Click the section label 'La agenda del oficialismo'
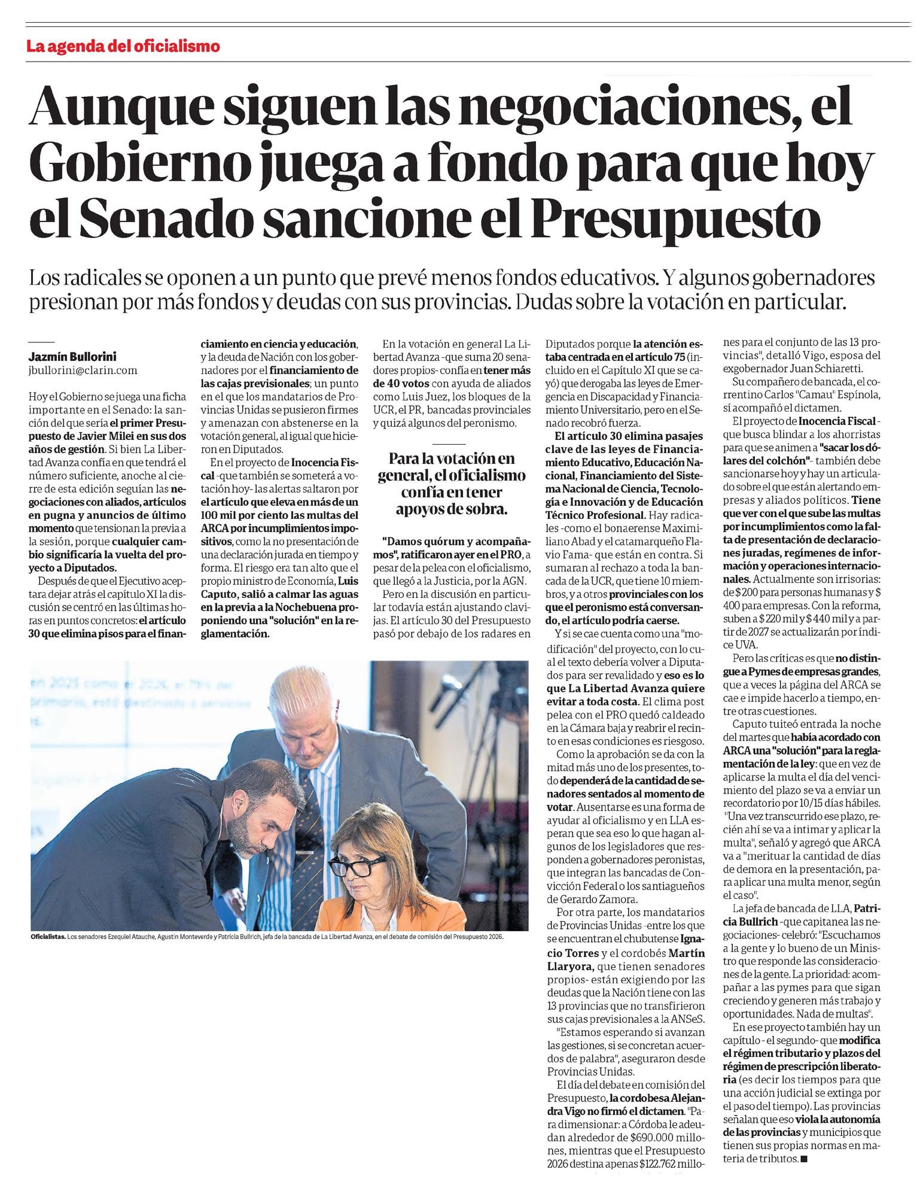(123, 46)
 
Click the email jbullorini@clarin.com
(83, 370)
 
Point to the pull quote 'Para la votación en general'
(452, 484)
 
